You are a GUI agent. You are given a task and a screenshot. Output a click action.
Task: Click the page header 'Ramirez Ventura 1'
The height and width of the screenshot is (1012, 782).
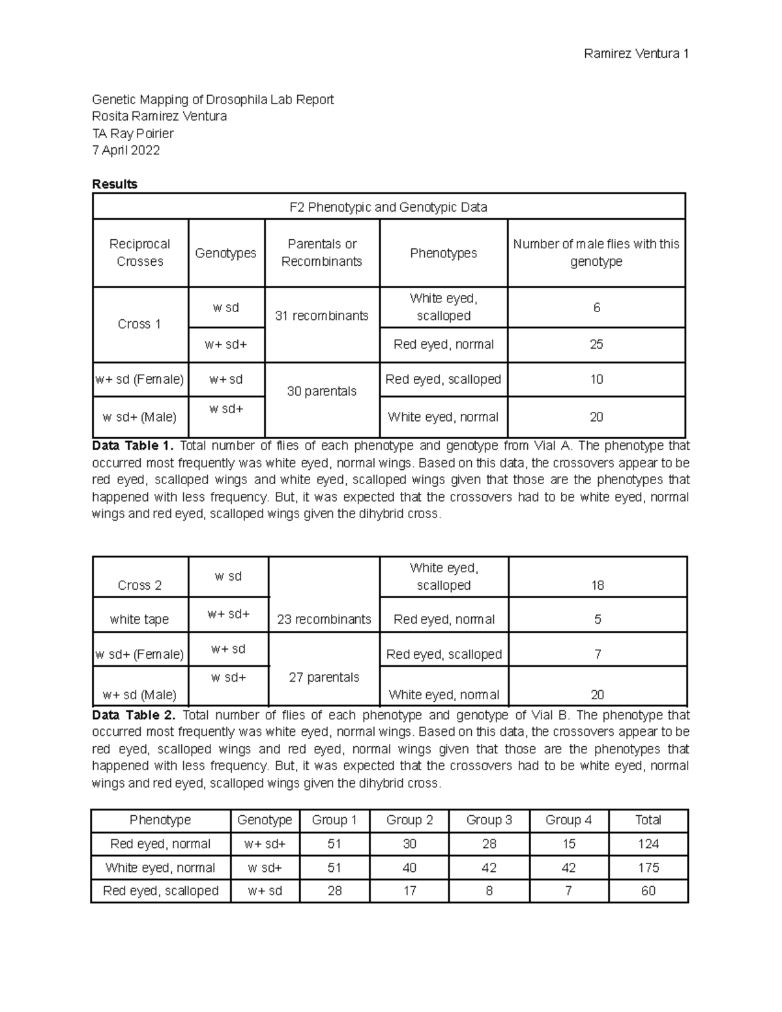[x=636, y=54]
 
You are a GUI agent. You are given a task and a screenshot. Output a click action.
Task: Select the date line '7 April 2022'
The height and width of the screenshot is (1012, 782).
[x=126, y=151]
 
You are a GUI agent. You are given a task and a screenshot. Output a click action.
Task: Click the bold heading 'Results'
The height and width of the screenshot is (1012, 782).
[x=115, y=184]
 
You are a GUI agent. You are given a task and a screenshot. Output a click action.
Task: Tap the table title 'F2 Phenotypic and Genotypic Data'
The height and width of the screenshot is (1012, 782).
[x=388, y=207]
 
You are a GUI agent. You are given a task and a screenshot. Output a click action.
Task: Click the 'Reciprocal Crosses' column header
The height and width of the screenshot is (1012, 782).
[x=140, y=253]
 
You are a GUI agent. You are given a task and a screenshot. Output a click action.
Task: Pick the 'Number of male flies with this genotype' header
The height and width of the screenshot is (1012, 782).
[x=596, y=253]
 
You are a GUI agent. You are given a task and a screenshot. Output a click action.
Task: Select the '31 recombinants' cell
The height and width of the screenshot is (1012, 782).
[x=321, y=316]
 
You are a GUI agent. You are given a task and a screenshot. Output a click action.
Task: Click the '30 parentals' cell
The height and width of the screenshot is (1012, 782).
[x=321, y=391]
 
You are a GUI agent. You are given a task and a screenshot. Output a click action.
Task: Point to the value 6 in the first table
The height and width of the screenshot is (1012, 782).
[x=596, y=308]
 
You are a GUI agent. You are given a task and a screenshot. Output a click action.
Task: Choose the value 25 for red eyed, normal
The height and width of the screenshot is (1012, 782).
[x=596, y=345]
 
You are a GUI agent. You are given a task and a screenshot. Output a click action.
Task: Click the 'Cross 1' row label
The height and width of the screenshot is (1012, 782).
[x=139, y=325]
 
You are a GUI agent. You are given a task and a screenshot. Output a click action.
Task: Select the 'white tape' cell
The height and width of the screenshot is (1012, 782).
[x=139, y=620]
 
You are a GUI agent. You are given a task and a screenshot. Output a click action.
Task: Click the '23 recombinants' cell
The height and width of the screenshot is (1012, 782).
[x=324, y=620]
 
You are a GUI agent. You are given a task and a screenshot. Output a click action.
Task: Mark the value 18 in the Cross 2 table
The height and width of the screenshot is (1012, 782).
[x=598, y=585]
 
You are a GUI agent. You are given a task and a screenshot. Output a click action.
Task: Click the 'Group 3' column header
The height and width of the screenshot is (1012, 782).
[x=489, y=820]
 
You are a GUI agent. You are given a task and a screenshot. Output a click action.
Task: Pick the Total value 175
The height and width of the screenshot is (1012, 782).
[x=648, y=868]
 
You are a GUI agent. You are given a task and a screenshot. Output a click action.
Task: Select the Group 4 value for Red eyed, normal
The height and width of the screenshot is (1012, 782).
[x=569, y=844]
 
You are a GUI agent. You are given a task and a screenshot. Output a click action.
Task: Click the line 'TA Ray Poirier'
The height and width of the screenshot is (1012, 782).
[x=133, y=134]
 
